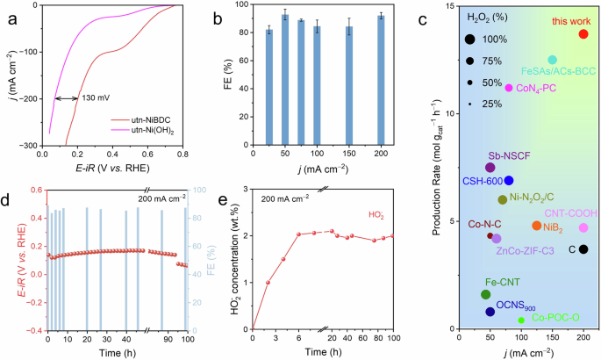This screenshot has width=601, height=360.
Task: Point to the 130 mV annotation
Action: tap(97, 97)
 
